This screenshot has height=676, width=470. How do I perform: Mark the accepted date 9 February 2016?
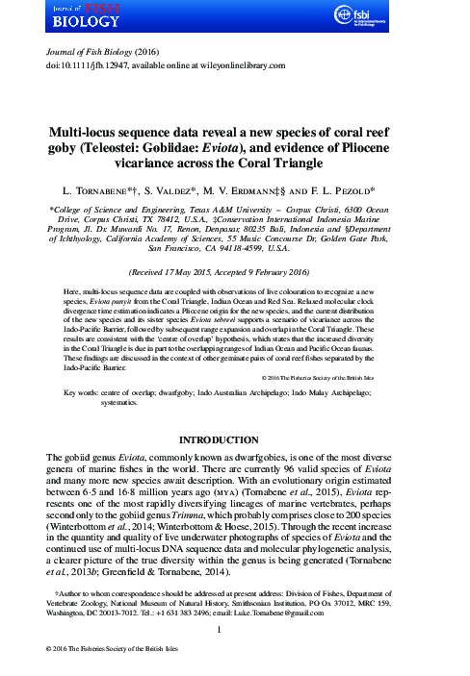297,272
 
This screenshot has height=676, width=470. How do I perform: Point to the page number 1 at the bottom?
234,630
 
